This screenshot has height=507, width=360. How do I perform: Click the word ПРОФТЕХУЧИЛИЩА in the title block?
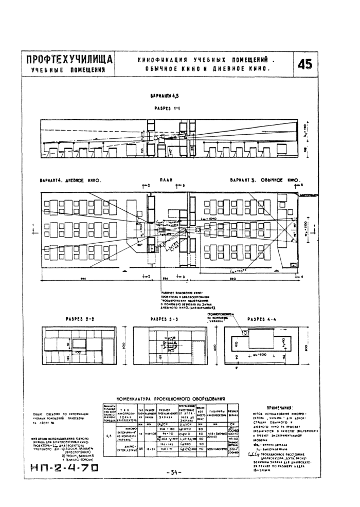tap(67, 60)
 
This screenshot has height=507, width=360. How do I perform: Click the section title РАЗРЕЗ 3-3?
tap(164, 319)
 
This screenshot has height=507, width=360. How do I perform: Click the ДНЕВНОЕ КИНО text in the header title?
tap(245, 69)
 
